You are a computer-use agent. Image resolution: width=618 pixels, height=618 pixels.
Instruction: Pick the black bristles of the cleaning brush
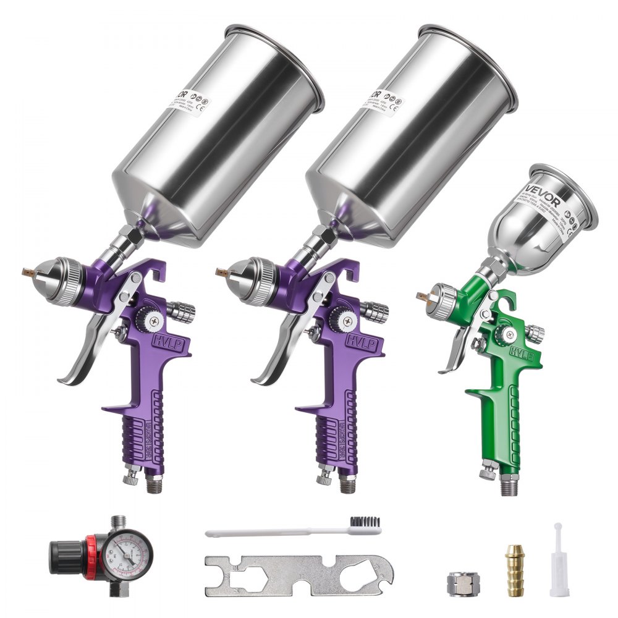click(x=364, y=523)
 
